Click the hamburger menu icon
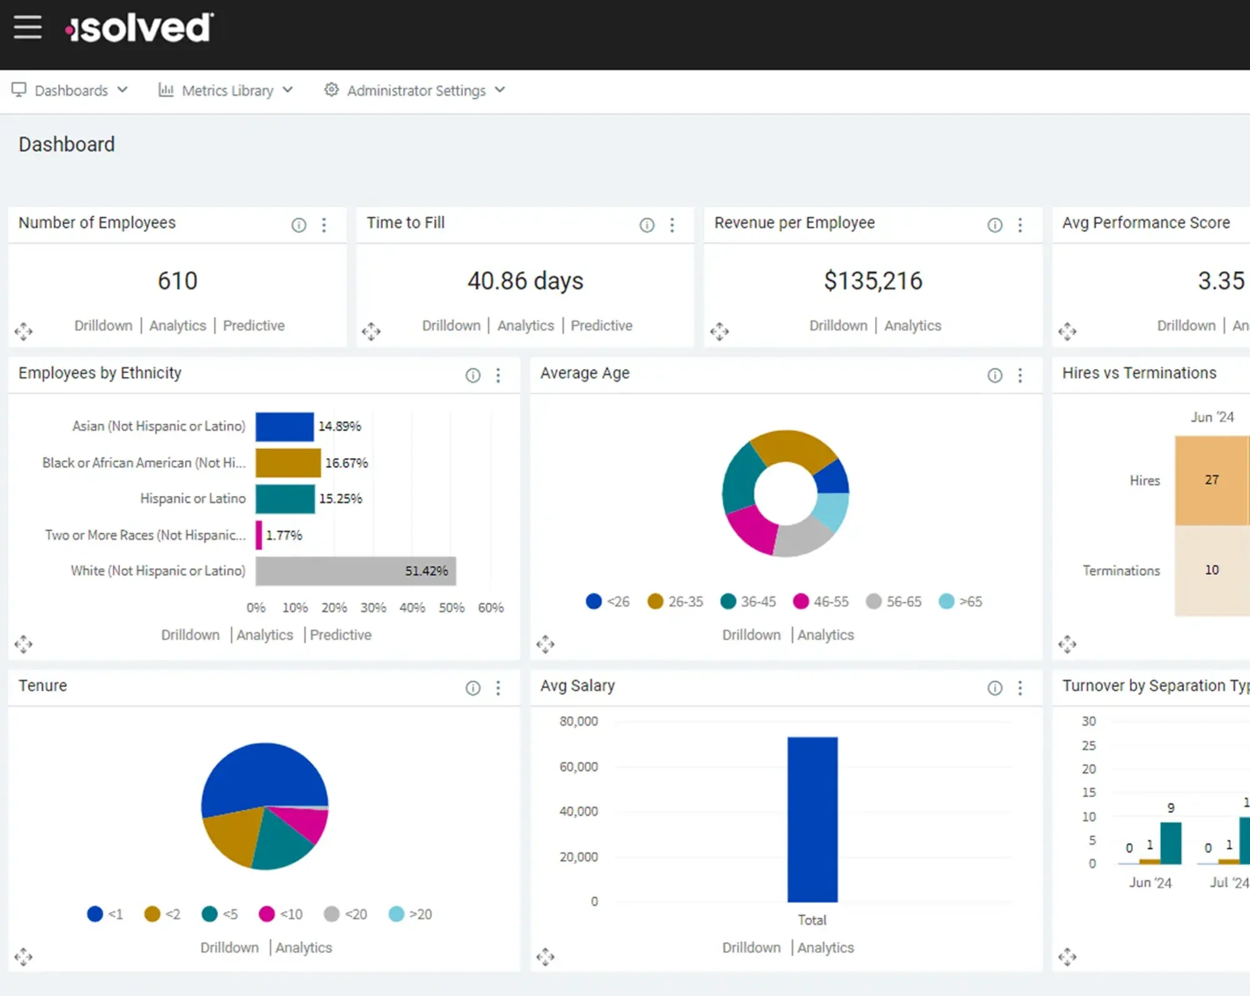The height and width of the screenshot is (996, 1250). tap(27, 27)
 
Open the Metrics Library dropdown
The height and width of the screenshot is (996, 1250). tap(226, 91)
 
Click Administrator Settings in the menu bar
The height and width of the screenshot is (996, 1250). tap(415, 91)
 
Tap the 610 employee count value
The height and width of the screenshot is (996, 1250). tap(177, 281)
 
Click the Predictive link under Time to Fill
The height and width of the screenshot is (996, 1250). tap(601, 326)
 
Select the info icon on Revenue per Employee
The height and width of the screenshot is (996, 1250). tap(994, 225)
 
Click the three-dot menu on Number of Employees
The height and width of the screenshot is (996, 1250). tap(324, 225)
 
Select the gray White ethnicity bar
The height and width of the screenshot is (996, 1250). tap(355, 570)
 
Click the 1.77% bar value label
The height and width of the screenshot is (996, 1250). tap(284, 535)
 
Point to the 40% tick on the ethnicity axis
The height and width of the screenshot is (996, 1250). tap(412, 607)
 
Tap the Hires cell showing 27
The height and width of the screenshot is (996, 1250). tap(1211, 480)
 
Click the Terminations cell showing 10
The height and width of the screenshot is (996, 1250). tap(1211, 570)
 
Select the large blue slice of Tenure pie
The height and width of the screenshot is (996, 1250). tap(262, 775)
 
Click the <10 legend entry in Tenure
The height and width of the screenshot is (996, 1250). tap(281, 914)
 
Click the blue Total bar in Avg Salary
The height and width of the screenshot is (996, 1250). tap(812, 819)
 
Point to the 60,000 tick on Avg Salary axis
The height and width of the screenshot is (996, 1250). tap(578, 767)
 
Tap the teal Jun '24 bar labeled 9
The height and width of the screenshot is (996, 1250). tap(1171, 844)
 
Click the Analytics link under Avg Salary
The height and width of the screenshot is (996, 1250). tap(825, 948)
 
